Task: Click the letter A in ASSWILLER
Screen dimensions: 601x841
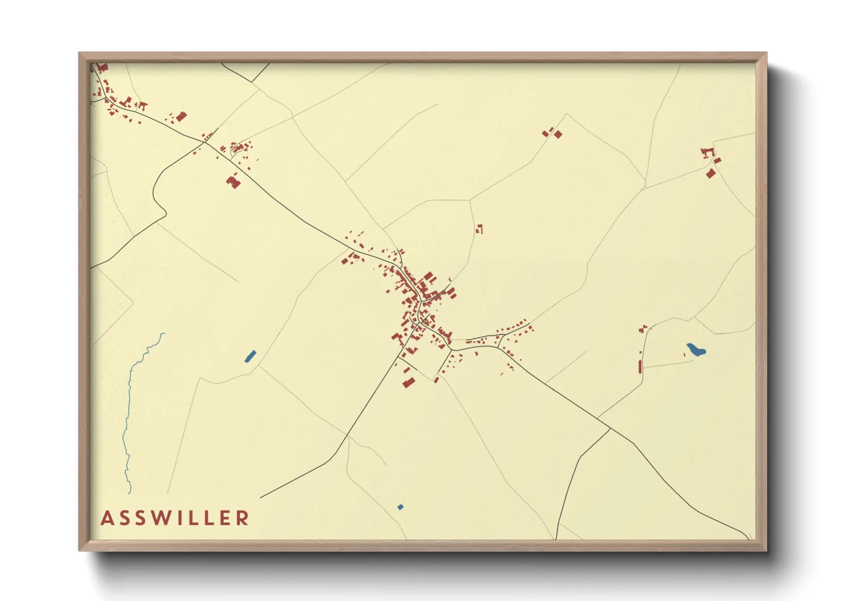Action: tap(106, 518)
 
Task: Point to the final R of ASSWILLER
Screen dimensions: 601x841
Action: tap(243, 518)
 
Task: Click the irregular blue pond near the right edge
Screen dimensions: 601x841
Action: tap(696, 350)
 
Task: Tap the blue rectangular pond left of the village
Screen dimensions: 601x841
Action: tap(250, 356)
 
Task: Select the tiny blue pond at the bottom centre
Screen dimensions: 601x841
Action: tap(401, 507)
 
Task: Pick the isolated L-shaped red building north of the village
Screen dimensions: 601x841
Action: tap(480, 229)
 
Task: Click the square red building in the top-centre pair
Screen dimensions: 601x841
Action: tap(558, 134)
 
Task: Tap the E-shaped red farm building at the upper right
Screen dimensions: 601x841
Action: tap(707, 152)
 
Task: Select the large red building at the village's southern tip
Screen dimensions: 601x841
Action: tap(407, 383)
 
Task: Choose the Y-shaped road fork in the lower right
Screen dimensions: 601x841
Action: tap(609, 428)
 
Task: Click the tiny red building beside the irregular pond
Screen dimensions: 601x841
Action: tap(684, 354)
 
